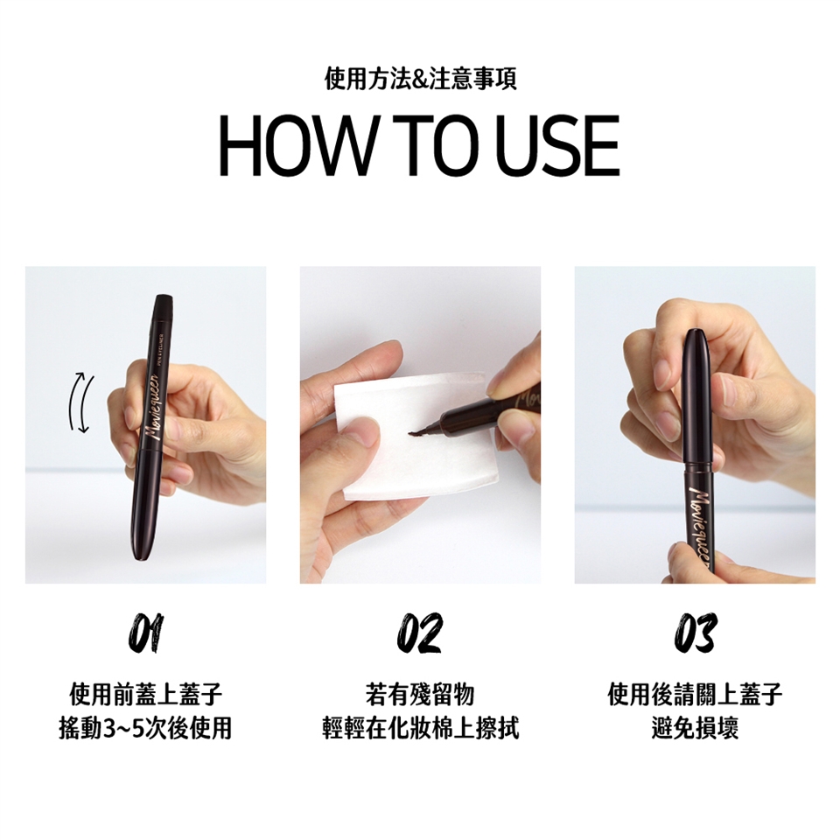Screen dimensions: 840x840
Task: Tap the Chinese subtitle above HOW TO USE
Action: tap(421, 80)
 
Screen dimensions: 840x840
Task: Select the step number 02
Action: tap(420, 633)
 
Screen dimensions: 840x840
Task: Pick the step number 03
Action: tap(695, 633)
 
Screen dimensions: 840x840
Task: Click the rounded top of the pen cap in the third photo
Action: tap(697, 335)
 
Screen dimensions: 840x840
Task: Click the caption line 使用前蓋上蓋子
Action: tap(146, 695)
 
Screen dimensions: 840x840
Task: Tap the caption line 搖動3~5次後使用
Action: tap(146, 729)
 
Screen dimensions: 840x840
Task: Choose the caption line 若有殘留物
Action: tap(421, 695)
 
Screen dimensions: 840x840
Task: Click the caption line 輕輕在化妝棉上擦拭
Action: tap(421, 729)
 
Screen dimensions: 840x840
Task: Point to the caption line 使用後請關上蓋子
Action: tap(695, 695)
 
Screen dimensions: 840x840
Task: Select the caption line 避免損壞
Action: tap(695, 729)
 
